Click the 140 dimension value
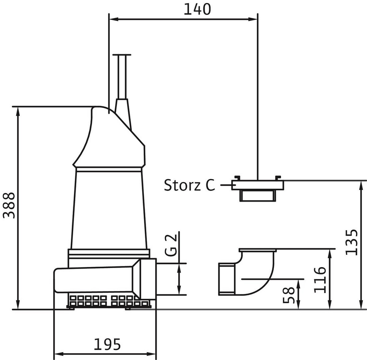tap(197, 9)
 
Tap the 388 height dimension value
tap(9, 206)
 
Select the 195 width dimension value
tap(107, 344)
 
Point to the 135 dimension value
tap(352, 242)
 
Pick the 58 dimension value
tap(289, 295)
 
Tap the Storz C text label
tap(189, 185)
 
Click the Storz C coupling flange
tap(258, 185)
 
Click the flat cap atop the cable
tap(122, 55)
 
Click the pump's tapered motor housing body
tap(109, 208)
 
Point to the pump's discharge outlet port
tap(148, 279)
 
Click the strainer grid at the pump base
tap(109, 301)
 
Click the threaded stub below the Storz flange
tap(258, 195)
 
